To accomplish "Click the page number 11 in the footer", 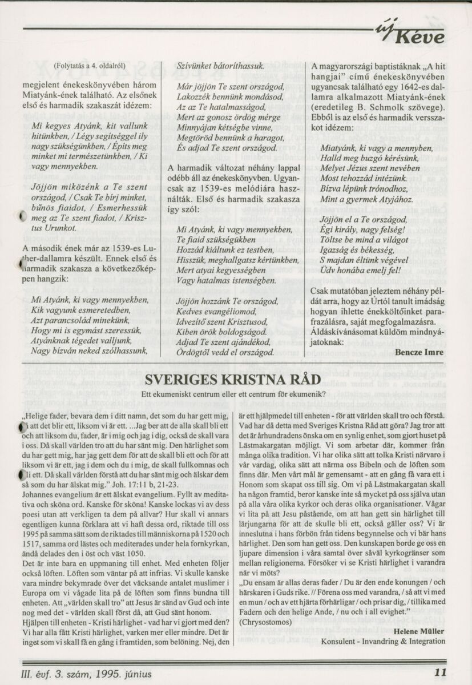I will (439, 672).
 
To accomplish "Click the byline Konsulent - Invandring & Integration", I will (383, 641).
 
